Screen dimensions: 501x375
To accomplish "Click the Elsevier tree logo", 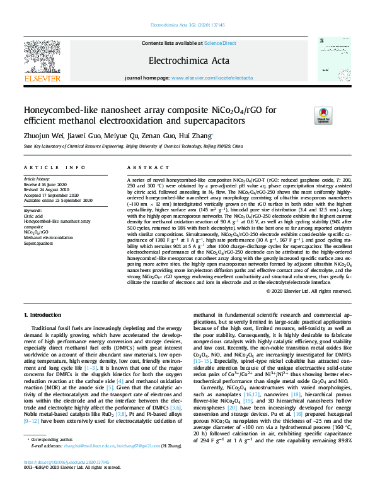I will coord(42,57).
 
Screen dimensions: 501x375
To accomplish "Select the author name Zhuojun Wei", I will coord(40,135).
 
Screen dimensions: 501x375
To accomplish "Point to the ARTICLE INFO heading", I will coord(54,167).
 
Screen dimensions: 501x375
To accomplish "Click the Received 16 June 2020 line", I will coord(46,185).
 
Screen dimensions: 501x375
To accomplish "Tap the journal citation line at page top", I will coord(187,26).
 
